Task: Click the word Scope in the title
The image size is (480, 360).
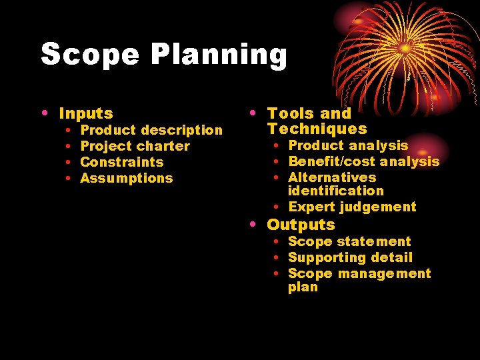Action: pyautogui.click(x=90, y=54)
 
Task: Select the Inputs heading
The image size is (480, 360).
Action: pyautogui.click(x=86, y=114)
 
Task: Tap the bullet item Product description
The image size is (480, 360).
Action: pyautogui.click(x=151, y=130)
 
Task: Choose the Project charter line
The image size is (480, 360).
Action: pyautogui.click(x=135, y=146)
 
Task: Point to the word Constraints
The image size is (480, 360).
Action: pyautogui.click(x=121, y=162)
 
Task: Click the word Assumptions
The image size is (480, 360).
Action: pyautogui.click(x=126, y=178)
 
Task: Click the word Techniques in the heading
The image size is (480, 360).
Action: pyautogui.click(x=317, y=129)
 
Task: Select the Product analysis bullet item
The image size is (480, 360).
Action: pyautogui.click(x=348, y=145)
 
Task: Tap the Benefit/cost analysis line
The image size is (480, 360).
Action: pyautogui.click(x=363, y=161)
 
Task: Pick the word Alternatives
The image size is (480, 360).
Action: pyautogui.click(x=332, y=177)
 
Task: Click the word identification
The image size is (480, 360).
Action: pyautogui.click(x=335, y=191)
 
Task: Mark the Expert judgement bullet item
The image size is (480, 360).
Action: pyautogui.click(x=352, y=207)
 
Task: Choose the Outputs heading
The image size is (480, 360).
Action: pyautogui.click(x=301, y=225)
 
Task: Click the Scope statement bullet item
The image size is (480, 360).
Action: pyautogui.click(x=349, y=241)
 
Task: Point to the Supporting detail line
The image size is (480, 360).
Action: pyautogui.click(x=350, y=257)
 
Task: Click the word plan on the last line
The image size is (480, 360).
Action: pyautogui.click(x=303, y=287)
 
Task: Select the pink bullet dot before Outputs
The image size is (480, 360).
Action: pyautogui.click(x=252, y=225)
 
